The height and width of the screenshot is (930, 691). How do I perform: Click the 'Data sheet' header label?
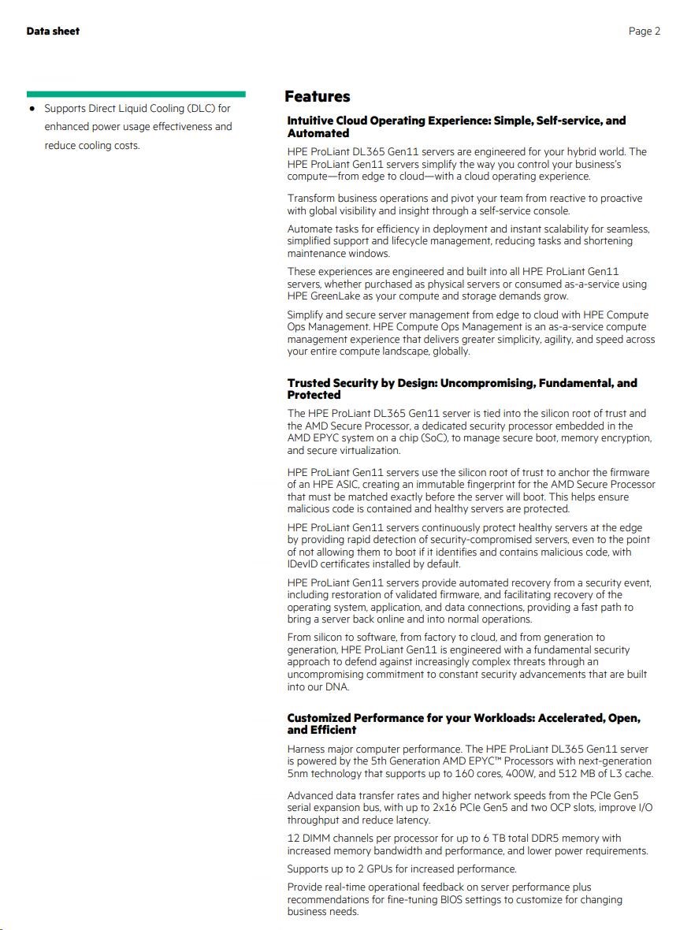click(53, 31)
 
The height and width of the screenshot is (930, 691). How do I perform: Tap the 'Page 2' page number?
click(644, 31)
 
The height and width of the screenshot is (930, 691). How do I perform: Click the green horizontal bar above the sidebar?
click(136, 94)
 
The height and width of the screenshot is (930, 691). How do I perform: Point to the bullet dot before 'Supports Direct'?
click(32, 108)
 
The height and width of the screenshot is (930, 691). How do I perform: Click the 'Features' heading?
click(317, 97)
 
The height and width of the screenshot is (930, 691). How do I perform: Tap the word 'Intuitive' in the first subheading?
click(310, 121)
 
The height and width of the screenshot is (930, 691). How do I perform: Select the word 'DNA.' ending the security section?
click(336, 687)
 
